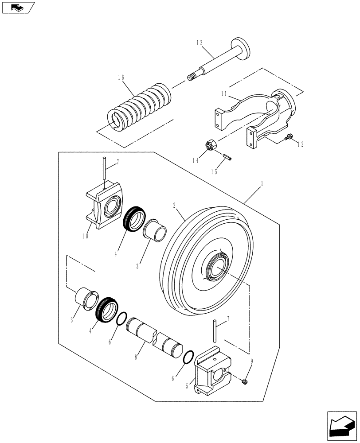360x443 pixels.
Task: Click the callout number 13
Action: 199,43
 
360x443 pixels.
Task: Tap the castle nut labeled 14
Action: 211,146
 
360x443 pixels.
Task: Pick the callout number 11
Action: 224,94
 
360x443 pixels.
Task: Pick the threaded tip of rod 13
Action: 191,78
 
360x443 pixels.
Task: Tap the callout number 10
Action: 85,236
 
